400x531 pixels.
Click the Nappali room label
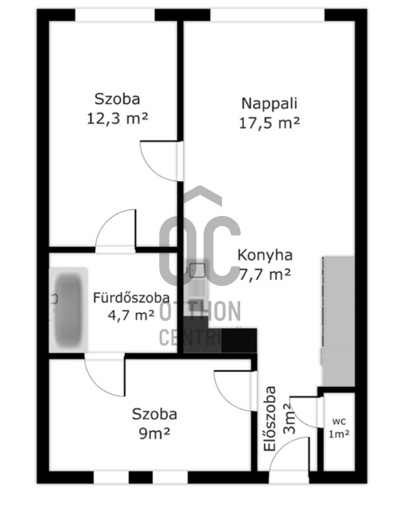point(269,103)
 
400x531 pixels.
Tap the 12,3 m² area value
point(117,118)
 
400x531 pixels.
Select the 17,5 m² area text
point(269,123)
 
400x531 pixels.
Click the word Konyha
point(265,255)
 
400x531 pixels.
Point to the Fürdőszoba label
point(131,298)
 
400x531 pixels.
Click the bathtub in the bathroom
point(68,310)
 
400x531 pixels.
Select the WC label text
point(339,422)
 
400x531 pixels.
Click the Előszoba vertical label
point(270,419)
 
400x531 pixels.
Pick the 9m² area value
point(154,434)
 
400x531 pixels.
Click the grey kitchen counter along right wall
point(338,321)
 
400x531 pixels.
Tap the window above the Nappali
point(267,15)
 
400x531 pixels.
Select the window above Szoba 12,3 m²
point(115,15)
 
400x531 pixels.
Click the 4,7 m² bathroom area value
point(131,315)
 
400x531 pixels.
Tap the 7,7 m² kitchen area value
point(265,274)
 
